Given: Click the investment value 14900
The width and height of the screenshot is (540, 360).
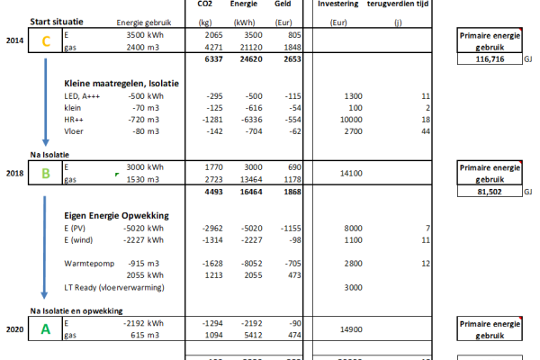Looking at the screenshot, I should [348, 329].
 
